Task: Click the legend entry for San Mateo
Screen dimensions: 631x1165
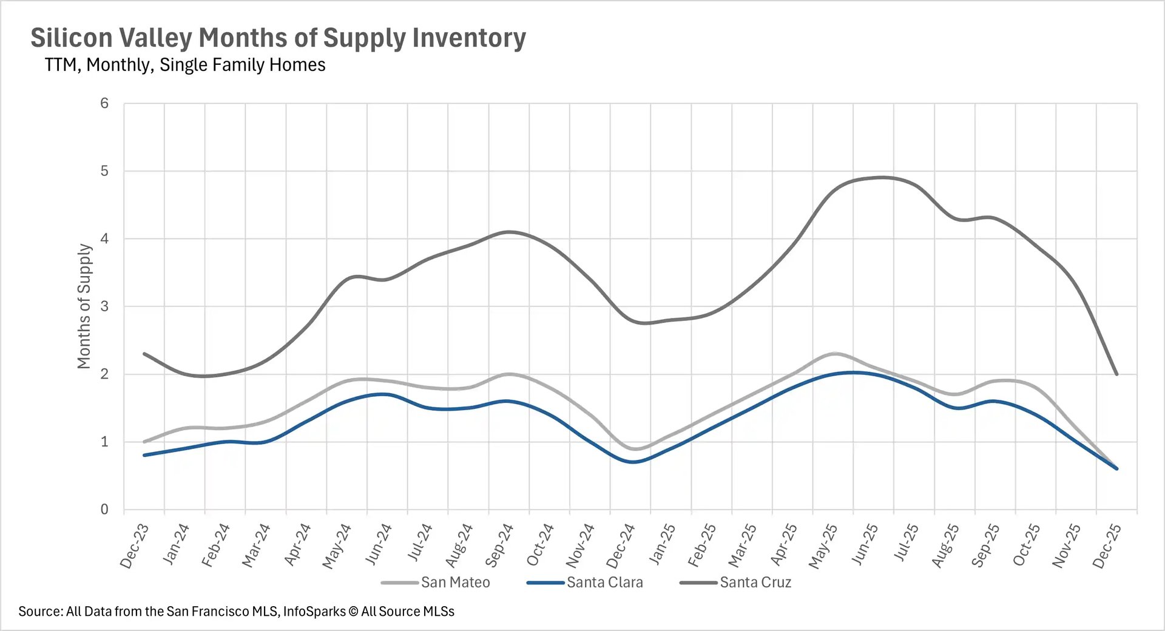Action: (x=454, y=582)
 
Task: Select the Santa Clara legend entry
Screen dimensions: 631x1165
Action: (x=604, y=582)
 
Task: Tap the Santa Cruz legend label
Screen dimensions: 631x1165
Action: (x=755, y=582)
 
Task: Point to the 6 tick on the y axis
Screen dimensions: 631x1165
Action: (x=104, y=103)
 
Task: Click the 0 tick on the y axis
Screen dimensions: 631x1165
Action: (x=104, y=510)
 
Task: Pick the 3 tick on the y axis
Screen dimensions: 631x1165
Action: (x=104, y=306)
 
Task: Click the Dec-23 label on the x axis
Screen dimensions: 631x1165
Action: (x=135, y=546)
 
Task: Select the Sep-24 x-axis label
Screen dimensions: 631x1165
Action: (x=499, y=546)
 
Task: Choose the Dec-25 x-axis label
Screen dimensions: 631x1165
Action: (x=1107, y=546)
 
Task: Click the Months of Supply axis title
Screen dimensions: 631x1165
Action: (x=84, y=306)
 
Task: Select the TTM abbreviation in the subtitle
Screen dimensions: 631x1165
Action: (x=60, y=65)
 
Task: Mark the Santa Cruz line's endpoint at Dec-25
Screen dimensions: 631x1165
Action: (x=1116, y=374)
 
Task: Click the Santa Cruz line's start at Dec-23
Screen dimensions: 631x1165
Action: (x=144, y=354)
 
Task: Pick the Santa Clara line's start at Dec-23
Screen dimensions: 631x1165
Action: (x=144, y=455)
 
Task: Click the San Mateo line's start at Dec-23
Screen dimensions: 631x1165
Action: (x=144, y=442)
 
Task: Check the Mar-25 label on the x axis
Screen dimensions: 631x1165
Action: (x=742, y=546)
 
